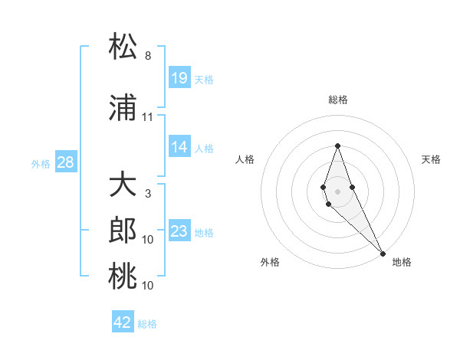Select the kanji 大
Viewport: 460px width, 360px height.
(123, 186)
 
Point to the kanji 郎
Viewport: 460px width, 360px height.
(123, 231)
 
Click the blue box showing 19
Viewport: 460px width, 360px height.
(179, 78)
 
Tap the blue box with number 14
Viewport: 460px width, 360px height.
(179, 147)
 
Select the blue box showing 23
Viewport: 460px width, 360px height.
(179, 231)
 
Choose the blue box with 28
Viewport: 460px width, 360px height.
(65, 162)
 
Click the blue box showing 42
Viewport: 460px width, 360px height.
(123, 322)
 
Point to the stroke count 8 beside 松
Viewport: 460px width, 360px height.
(148, 56)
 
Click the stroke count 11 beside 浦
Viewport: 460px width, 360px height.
(148, 117)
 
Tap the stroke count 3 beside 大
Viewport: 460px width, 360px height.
(148, 194)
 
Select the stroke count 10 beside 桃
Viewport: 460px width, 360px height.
(148, 286)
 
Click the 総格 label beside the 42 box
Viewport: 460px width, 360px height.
(147, 324)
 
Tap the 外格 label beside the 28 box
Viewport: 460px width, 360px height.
(40, 164)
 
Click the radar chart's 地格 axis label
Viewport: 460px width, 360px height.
(402, 262)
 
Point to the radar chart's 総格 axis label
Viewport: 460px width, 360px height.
(337, 100)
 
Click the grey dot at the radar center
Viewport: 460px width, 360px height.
(337, 191)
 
